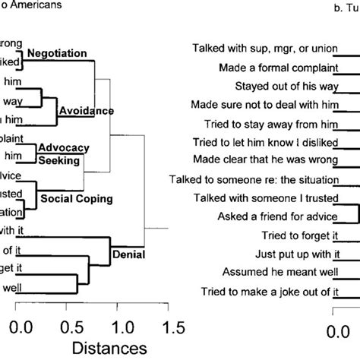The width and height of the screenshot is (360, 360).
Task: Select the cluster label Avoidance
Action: (x=86, y=111)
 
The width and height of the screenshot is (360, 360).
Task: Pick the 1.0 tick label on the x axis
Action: (x=121, y=327)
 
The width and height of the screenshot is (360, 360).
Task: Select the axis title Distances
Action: (x=94, y=349)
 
